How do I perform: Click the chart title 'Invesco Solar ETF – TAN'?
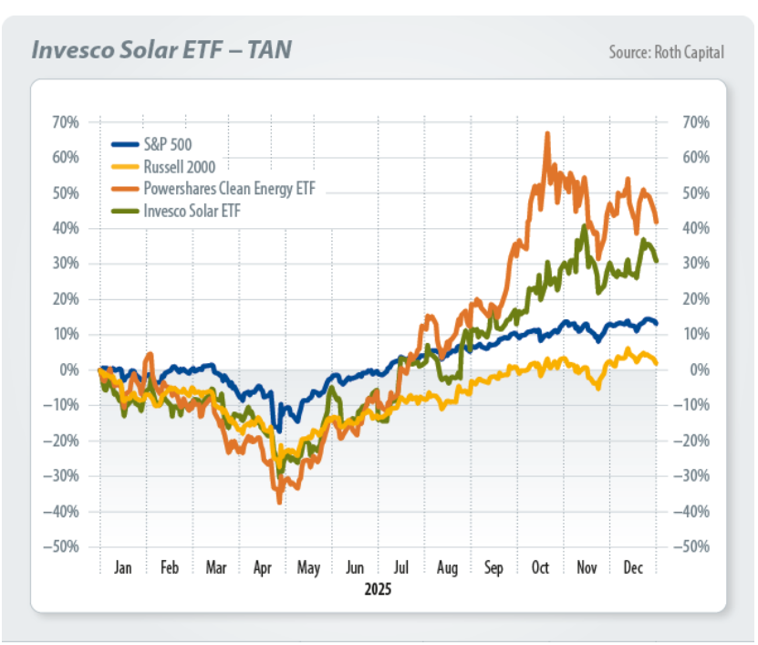[161, 49]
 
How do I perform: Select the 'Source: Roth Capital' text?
[666, 52]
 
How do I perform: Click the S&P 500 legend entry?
[167, 143]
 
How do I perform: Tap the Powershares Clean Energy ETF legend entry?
[234, 189]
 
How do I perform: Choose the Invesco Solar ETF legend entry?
[197, 211]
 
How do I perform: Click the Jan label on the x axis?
[122, 567]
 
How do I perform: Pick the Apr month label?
[262, 567]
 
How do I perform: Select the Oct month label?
[541, 567]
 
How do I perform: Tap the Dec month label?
[634, 567]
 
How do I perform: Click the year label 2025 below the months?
[378, 589]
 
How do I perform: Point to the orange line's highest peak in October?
[547, 133]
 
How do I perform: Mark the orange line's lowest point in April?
[279, 502]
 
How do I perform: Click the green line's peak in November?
[584, 226]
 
